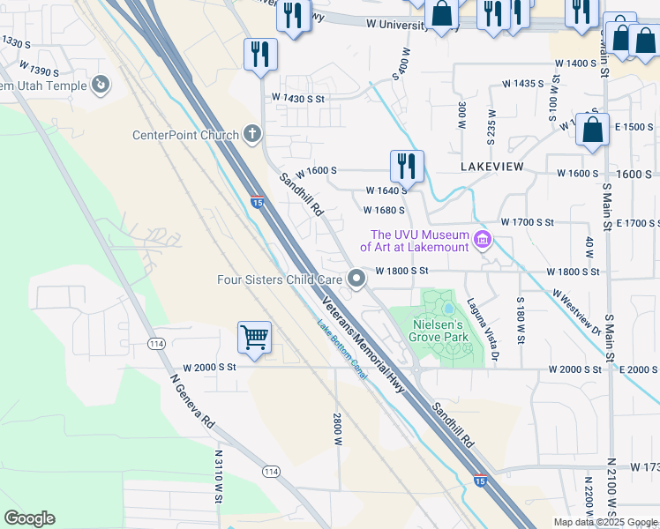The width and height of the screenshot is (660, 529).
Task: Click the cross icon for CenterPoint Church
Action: tap(252, 135)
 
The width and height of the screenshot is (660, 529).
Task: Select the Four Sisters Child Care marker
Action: tap(356, 279)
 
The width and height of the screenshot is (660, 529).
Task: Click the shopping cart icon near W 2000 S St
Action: tap(254, 337)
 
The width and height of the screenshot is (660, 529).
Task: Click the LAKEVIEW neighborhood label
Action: tap(492, 166)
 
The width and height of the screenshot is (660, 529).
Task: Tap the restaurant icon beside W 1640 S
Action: tap(407, 165)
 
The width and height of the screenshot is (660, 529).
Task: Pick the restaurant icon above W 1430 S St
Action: tap(260, 54)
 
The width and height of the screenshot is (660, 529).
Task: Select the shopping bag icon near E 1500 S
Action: tap(592, 129)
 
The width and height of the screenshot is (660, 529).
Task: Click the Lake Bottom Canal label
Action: tap(342, 348)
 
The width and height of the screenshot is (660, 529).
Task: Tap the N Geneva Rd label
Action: tap(191, 399)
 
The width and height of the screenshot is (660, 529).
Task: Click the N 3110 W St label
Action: tap(218, 476)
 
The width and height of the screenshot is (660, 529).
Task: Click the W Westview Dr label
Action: tap(577, 312)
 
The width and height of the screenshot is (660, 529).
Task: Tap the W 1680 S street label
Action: tap(384, 210)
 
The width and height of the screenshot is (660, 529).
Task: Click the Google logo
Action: tap(29, 518)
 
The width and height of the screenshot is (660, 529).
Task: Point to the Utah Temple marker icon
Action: tap(101, 86)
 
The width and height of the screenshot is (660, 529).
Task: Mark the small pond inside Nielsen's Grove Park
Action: tap(449, 309)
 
